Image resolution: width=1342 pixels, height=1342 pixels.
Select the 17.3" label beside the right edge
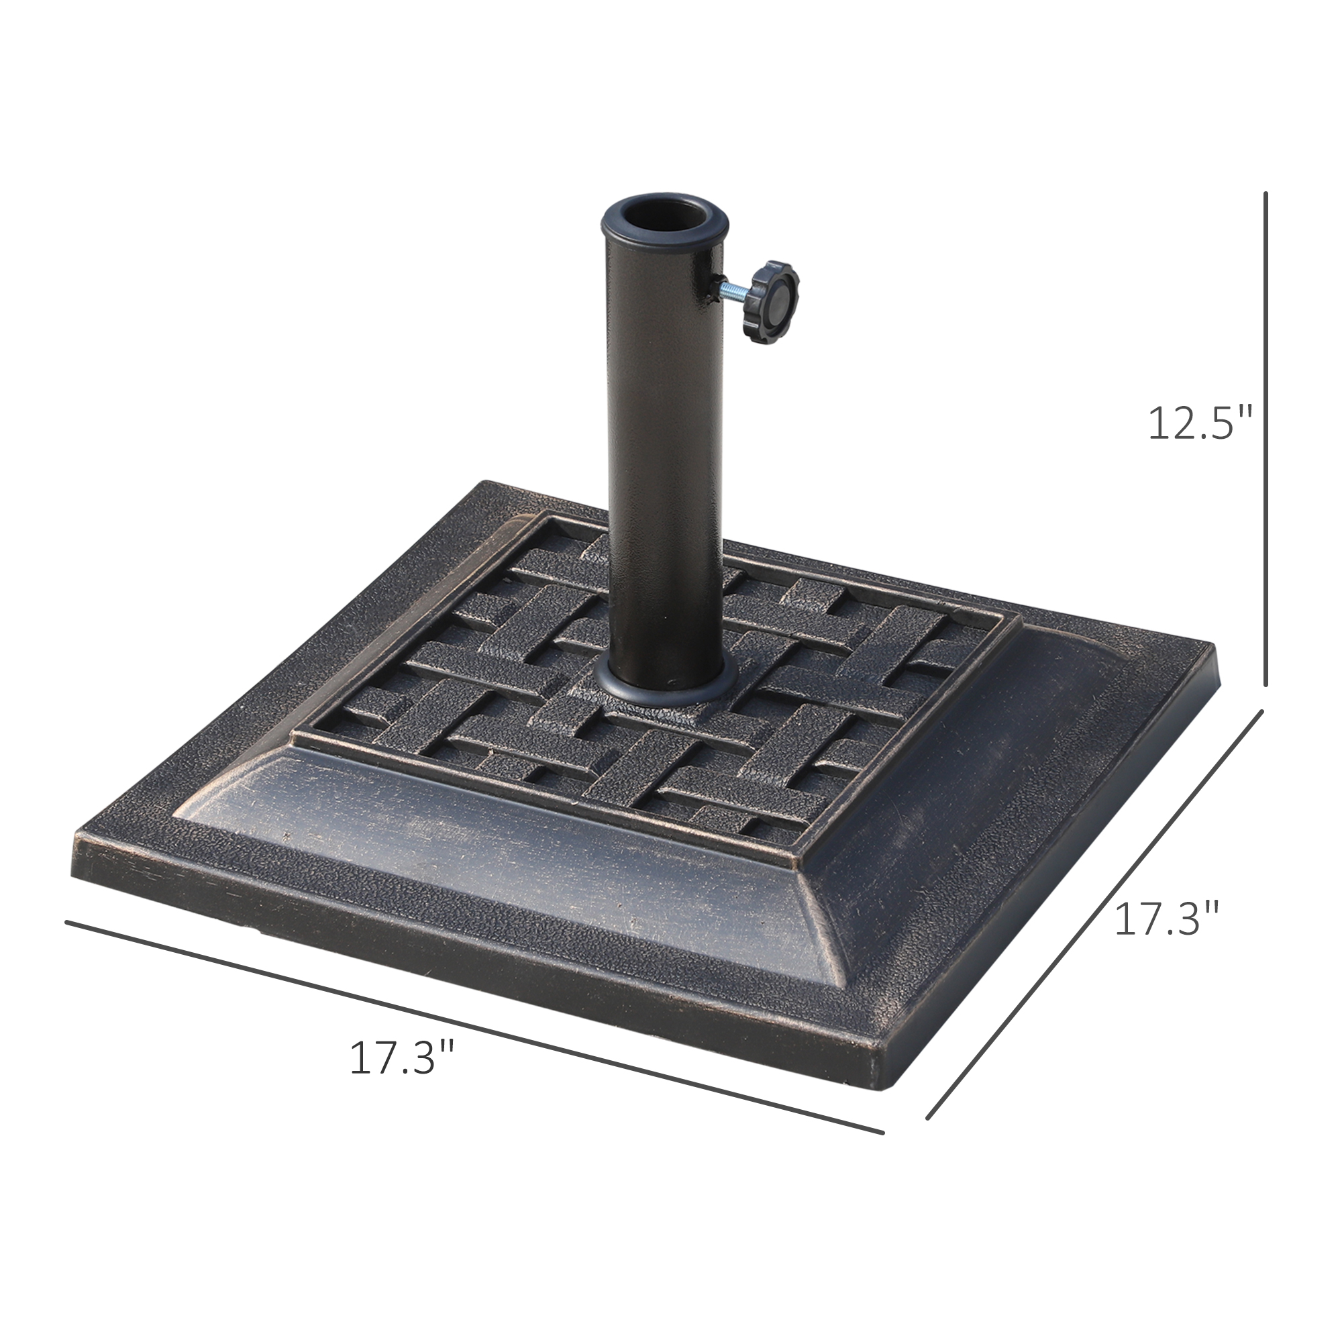[1166, 919]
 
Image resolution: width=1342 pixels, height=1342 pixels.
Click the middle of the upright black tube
[664, 452]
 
